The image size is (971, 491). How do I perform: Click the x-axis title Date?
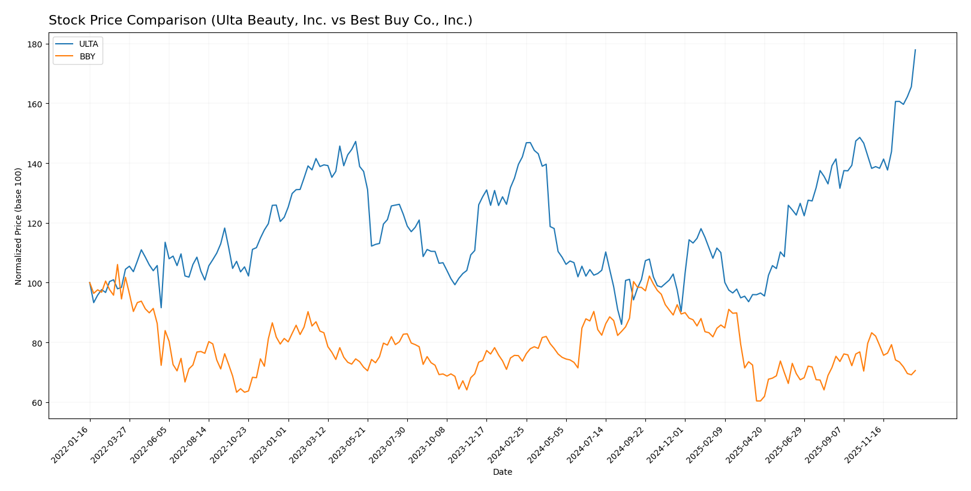pyautogui.click(x=502, y=472)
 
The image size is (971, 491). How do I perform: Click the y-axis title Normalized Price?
pyautogui.click(x=19, y=226)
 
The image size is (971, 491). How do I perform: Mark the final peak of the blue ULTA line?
pyautogui.click(x=915, y=50)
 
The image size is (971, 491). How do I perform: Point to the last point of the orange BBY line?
pyautogui.click(x=915, y=370)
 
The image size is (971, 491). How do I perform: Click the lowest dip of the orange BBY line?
pyautogui.click(x=759, y=400)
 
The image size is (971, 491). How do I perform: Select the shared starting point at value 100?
pyautogui.click(x=90, y=282)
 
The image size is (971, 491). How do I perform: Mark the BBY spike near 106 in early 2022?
pyautogui.click(x=118, y=264)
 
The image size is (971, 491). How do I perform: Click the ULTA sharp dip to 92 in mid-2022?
pyautogui.click(x=161, y=308)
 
